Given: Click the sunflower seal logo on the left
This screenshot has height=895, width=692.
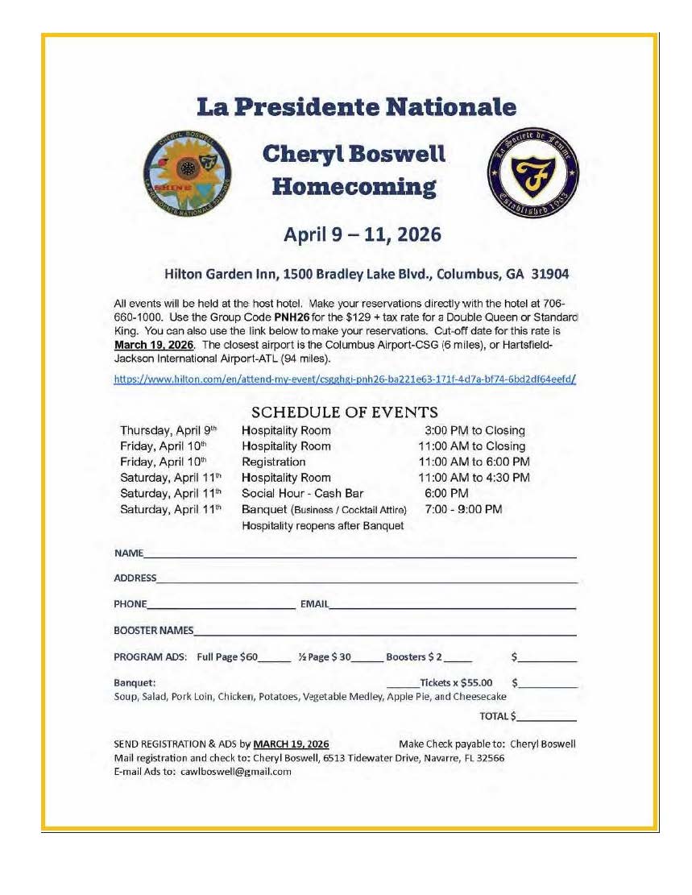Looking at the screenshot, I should [188, 172].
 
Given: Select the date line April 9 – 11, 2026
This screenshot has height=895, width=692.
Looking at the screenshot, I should [362, 234].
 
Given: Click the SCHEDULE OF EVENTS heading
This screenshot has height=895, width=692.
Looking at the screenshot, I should [345, 412].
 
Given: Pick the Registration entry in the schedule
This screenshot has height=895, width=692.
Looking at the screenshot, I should [274, 462].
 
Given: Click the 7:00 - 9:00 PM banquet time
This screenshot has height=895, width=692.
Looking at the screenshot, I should [463, 510].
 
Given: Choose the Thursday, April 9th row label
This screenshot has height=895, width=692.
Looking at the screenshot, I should [168, 431].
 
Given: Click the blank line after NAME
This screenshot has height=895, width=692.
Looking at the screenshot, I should [360, 555].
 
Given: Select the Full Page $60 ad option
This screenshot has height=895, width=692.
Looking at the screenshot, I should [227, 657].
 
